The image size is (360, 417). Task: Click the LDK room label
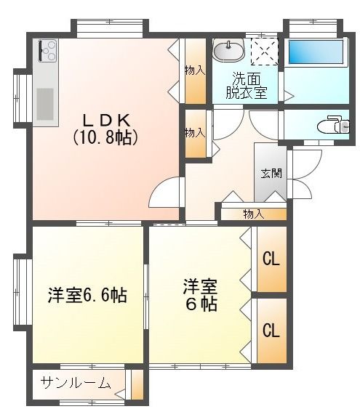107,120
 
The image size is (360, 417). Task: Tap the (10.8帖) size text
105,137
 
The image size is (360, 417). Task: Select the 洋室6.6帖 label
87,295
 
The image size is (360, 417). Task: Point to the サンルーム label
76,384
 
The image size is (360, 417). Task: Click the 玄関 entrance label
271,174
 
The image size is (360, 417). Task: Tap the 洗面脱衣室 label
247,86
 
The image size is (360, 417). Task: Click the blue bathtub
316,52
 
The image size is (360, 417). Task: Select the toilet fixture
333,125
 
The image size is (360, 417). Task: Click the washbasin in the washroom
229,51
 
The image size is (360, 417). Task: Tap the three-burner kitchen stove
48,51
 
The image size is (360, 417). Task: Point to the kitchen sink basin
45,104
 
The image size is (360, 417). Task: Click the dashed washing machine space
265,52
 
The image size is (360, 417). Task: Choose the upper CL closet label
271,259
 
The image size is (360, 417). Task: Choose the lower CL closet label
271,331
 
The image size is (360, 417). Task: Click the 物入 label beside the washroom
195,70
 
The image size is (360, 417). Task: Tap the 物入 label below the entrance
254,214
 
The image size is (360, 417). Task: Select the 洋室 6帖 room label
201,295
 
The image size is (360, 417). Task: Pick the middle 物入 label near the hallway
195,133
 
